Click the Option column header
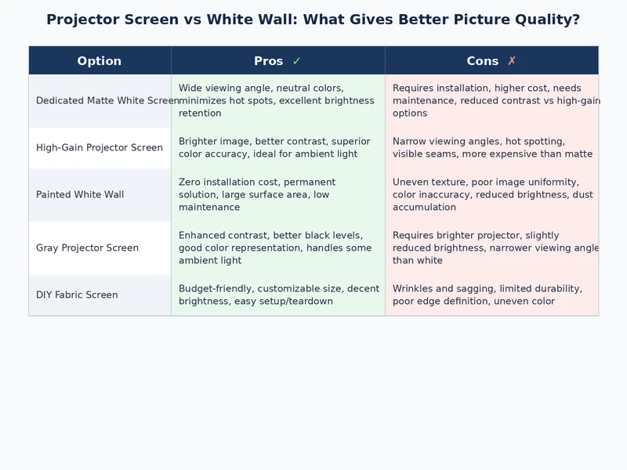[100, 61]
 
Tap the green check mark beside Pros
[296, 61]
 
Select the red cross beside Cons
[512, 61]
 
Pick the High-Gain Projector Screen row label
[100, 148]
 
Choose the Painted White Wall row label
[80, 195]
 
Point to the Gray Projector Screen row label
[87, 248]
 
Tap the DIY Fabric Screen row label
[77, 295]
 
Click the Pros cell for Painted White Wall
[277, 195]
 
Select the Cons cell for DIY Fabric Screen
[491, 295]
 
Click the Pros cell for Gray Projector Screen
[277, 248]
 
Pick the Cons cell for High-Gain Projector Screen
[491, 148]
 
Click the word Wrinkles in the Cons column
[415, 289]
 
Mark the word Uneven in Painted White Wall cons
[411, 183]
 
